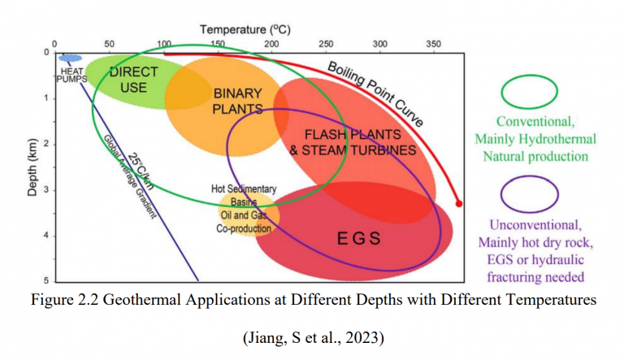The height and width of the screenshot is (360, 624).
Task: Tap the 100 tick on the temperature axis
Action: coord(163,44)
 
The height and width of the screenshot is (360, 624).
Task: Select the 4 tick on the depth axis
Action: coord(45,236)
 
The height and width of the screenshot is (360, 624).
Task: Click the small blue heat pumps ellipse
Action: coord(71,58)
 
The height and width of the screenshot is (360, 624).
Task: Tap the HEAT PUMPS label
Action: coord(71,76)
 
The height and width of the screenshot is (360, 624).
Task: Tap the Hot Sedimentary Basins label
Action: coord(243,195)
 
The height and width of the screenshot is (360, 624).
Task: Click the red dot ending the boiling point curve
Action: coord(459,203)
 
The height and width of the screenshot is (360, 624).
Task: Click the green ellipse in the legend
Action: coord(530,93)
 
